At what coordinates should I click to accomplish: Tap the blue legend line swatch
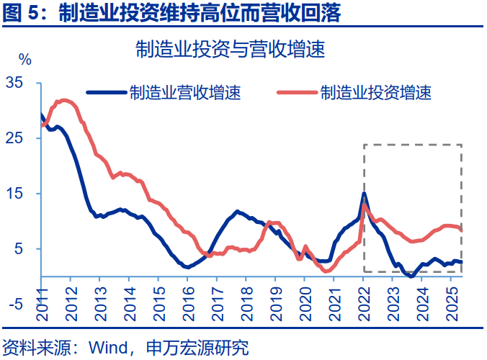(x=106, y=92)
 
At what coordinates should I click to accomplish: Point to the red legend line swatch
(x=297, y=92)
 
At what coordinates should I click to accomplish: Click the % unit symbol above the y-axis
(x=25, y=59)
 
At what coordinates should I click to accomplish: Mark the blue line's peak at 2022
(x=365, y=193)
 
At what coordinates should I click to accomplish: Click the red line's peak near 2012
(x=64, y=100)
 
